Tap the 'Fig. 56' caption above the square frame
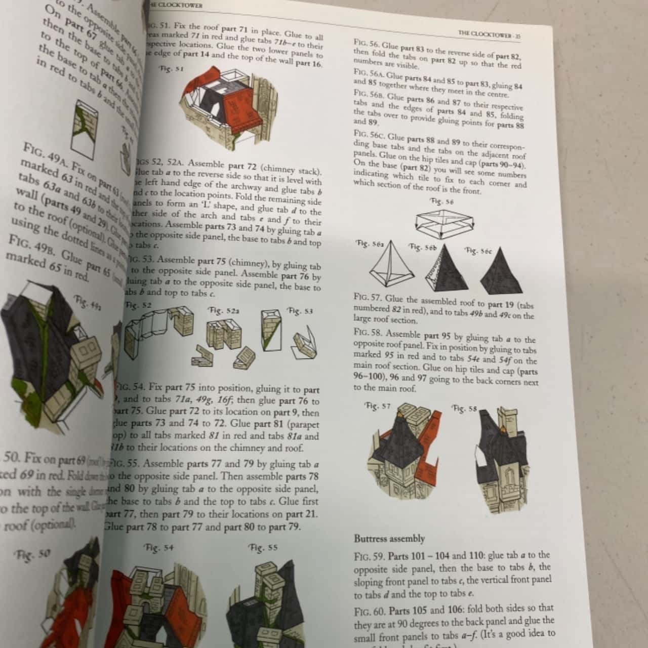click(441, 201)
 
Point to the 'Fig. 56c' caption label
click(478, 251)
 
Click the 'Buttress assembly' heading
click(389, 538)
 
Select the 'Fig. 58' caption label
click(464, 408)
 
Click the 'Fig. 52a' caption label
click(223, 310)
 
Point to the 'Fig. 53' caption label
click(300, 310)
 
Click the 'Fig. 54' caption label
click(158, 547)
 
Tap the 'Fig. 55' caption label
click(263, 547)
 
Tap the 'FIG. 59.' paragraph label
click(370, 556)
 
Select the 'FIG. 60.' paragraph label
click(370, 608)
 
